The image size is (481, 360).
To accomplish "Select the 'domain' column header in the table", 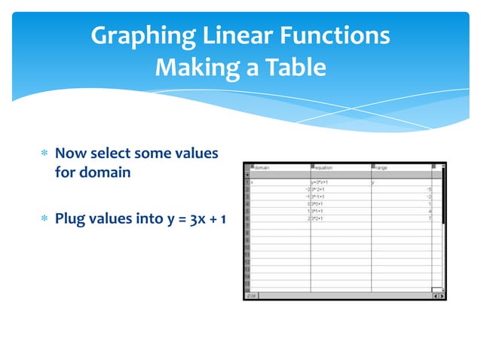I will pyautogui.click(x=264, y=167).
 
